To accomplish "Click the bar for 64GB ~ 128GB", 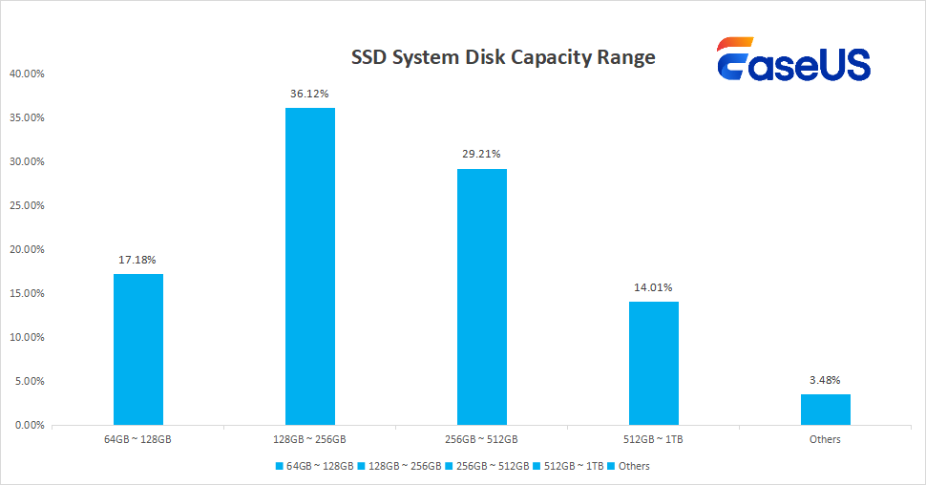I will [x=138, y=348].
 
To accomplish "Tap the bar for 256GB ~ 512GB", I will [x=482, y=296].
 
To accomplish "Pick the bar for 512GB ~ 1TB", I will [x=654, y=363].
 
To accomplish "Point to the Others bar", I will [x=825, y=409].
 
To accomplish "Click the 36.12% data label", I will [x=310, y=94].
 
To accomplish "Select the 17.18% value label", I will [x=138, y=260].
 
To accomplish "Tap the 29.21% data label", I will [x=482, y=154].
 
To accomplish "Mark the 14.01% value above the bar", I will [x=654, y=286].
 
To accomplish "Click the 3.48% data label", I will [x=825, y=379].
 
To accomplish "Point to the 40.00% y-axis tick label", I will [x=27, y=74].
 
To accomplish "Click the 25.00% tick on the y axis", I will [x=27, y=205].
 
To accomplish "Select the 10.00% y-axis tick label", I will [x=27, y=337].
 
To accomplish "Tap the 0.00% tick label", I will [x=29, y=425].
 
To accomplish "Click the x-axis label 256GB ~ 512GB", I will [x=482, y=439].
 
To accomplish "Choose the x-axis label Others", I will [x=825, y=439].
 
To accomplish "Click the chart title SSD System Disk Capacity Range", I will [x=503, y=57].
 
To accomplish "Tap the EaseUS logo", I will [x=793, y=62].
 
